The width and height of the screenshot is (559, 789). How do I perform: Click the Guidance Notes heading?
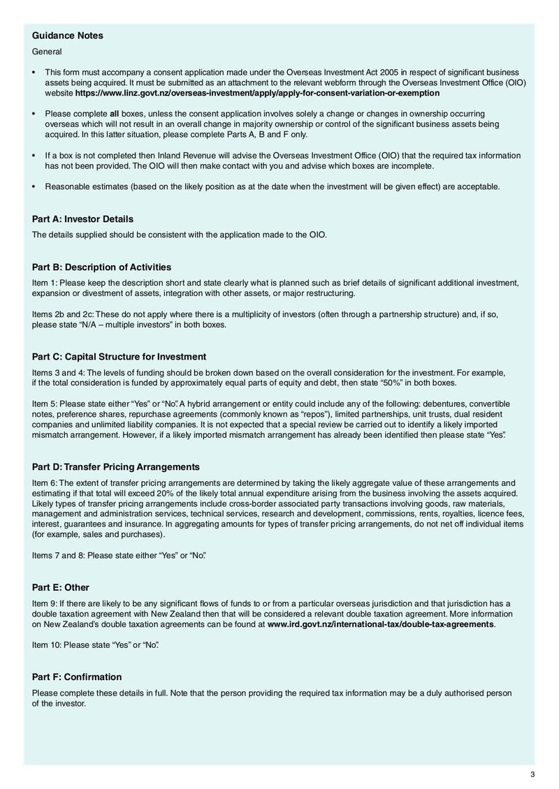[x=68, y=36]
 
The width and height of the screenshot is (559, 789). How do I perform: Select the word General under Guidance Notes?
[x=47, y=51]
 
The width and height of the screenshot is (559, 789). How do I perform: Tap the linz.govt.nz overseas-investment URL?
[x=257, y=92]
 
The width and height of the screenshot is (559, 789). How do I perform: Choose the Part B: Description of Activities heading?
[x=101, y=267]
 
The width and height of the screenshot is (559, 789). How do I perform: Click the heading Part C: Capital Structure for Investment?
[x=119, y=357]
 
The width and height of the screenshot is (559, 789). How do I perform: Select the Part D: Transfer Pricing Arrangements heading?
[x=116, y=466]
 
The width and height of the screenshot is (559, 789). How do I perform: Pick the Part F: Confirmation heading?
[x=77, y=677]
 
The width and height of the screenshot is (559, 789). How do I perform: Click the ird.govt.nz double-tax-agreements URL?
[x=380, y=624]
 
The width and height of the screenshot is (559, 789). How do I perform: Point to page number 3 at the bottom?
[x=532, y=774]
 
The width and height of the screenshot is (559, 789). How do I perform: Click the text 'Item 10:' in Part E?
[x=47, y=644]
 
